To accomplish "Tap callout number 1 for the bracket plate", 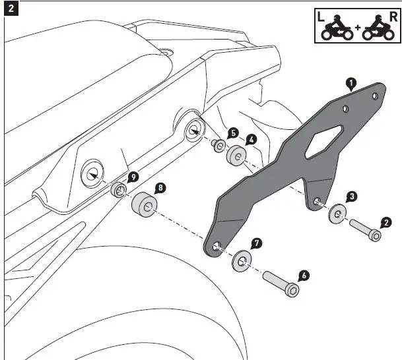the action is pos(351,83).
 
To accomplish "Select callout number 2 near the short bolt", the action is pos(387,224).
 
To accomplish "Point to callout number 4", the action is pos(251,140).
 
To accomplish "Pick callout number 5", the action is pos(233,133).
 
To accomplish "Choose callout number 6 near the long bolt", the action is pos(304,275).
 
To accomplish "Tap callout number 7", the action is pos(257,243).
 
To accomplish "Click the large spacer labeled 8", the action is pos(144,205).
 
